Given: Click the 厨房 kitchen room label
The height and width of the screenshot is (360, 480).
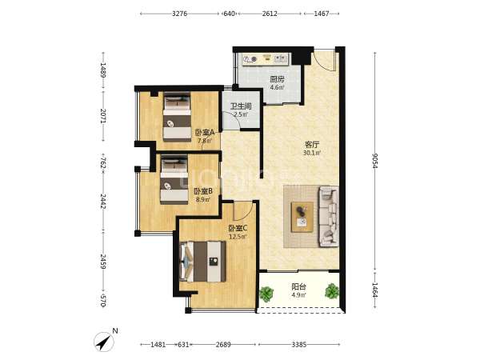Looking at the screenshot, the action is click(277, 79).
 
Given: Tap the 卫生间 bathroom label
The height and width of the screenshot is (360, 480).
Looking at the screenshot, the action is click(241, 106).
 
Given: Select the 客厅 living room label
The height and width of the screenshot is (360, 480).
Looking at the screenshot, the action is click(312, 144).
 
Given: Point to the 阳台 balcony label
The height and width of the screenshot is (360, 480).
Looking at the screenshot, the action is click(298, 287).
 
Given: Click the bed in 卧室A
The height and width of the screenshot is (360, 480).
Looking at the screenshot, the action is click(177, 117).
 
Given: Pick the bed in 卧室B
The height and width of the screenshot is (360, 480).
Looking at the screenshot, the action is click(174, 180).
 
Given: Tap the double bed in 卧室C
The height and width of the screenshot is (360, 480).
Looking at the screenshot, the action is click(202, 262).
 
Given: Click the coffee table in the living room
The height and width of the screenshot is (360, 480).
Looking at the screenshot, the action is click(302, 217).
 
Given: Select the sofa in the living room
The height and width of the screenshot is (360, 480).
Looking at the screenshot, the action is click(329, 217).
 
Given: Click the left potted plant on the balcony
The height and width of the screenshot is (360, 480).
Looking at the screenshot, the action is click(266, 294).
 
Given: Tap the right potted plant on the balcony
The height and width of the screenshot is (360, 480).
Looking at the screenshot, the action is click(332, 291).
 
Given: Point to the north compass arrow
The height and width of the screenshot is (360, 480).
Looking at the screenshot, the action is click(104, 342).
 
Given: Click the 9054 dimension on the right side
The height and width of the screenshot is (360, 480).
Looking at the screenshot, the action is click(375, 161).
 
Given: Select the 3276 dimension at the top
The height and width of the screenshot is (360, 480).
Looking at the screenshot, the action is click(179, 14).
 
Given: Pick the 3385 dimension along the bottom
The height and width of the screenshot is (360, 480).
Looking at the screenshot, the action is click(298, 345).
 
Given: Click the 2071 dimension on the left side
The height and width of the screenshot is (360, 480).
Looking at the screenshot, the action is click(103, 116).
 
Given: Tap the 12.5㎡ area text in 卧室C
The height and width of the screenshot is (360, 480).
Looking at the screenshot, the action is click(238, 237).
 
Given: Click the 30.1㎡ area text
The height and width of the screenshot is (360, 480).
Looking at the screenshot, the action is click(312, 153).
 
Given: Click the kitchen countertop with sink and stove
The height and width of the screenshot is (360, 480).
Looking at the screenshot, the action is click(266, 59).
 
